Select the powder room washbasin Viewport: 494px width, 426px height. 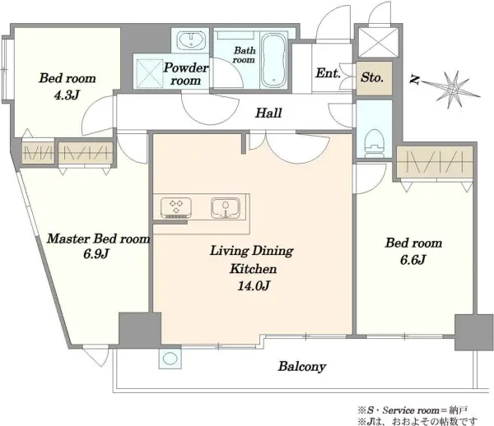coord(190,40)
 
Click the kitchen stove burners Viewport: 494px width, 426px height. coord(176,207)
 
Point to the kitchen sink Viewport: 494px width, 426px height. coord(226,207)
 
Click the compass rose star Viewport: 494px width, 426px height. coord(452,90)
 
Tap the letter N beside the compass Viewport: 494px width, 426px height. coord(414,81)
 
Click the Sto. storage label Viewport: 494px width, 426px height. coord(372,77)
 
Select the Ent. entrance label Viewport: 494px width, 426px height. coord(328,73)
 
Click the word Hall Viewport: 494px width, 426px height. coord(268,113)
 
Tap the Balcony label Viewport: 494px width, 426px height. coord(302,367)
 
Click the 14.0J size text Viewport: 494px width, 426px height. coord(254,285)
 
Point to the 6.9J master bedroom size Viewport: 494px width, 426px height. coord(96,253)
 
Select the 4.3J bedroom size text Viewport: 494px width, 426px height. coord(66,95)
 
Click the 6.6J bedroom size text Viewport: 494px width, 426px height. coord(413,260)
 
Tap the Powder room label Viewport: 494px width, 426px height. coord(186,74)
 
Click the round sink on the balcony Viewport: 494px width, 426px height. coord(170,358)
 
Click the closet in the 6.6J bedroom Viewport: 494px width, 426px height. coord(435,162)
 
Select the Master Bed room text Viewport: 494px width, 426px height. coord(98,238)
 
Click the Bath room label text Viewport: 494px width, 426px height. coord(245,55)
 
